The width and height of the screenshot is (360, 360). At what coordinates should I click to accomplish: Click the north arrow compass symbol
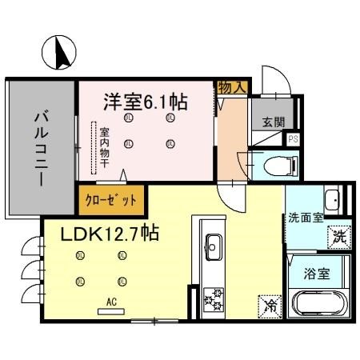point(58,52)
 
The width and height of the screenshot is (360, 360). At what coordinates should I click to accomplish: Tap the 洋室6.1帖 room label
point(145,102)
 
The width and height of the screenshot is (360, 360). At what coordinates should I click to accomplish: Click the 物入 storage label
point(231,87)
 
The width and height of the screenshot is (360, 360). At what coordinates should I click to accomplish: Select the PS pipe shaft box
point(294,138)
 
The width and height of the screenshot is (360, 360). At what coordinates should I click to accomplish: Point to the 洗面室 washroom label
point(305,217)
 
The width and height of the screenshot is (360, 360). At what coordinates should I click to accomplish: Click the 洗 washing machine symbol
point(338,237)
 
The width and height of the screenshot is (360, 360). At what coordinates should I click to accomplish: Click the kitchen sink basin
point(214,244)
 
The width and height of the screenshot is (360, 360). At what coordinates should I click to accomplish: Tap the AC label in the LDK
point(111,302)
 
